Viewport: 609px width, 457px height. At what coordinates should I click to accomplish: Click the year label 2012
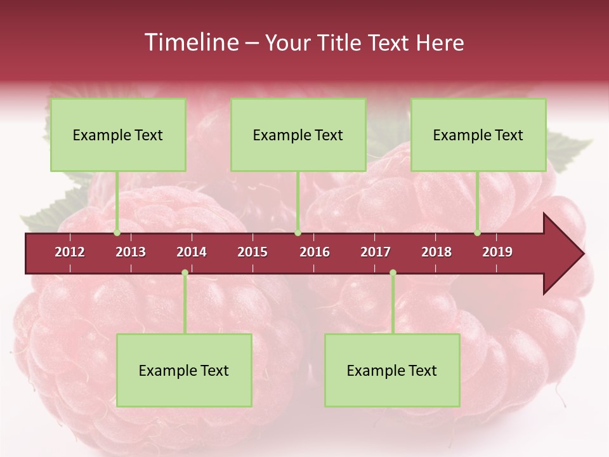[70, 252]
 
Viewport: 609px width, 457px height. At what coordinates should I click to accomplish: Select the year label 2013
[131, 252]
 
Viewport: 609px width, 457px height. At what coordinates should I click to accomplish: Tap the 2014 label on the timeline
[192, 252]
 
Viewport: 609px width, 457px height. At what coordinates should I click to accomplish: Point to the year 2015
[252, 252]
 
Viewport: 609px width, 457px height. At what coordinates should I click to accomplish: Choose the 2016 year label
[315, 252]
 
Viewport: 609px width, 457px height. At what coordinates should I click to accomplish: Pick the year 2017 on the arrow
[376, 252]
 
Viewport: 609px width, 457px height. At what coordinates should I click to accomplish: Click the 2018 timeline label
[436, 252]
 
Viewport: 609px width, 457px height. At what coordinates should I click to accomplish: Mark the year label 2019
[497, 252]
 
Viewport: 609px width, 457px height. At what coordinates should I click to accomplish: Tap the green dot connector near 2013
[117, 233]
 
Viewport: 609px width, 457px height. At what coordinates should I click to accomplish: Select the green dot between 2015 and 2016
[298, 233]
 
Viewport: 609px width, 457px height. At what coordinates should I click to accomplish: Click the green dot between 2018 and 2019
[477, 233]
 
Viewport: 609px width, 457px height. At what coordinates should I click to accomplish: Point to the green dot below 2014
[185, 273]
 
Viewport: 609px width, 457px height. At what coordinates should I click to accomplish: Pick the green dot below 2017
[393, 273]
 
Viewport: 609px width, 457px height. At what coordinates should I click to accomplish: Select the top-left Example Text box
[118, 135]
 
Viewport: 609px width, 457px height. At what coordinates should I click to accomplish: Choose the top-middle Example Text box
[298, 135]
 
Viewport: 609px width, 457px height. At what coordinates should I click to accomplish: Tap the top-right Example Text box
[478, 135]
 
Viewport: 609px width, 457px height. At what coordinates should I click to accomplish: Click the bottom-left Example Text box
[184, 371]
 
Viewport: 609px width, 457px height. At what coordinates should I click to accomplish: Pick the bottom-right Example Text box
[392, 371]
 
